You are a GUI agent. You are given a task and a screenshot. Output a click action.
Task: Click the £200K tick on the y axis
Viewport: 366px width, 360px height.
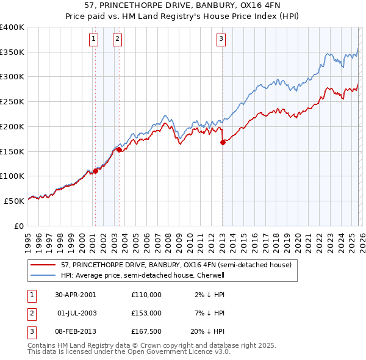[x=12, y=126]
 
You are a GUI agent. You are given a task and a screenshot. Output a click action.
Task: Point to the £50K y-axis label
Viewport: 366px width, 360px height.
[x=15, y=200]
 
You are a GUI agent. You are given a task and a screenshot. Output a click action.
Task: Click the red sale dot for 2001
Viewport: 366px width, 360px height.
[x=96, y=171]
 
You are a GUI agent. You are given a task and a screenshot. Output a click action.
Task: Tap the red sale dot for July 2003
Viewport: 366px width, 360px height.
[x=119, y=149]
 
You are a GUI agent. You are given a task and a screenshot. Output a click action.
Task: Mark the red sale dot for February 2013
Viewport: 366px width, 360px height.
[x=223, y=143]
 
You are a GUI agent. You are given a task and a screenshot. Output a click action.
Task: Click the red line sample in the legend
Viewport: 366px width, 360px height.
[x=43, y=265]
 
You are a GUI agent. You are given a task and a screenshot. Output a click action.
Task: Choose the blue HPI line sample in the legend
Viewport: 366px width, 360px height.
[x=43, y=275]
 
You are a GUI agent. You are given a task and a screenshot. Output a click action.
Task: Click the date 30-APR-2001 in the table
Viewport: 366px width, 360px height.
[x=76, y=295]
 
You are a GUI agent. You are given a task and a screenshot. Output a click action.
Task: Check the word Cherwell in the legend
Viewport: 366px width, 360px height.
[x=210, y=275]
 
